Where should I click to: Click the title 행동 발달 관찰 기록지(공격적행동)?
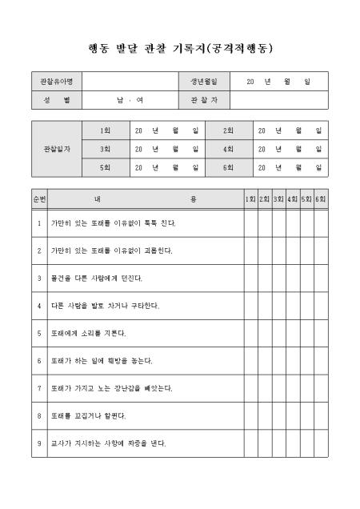(x=179, y=47)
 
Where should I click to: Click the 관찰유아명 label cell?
(x=56, y=82)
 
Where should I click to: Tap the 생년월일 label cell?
(x=204, y=82)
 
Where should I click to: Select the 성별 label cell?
(x=56, y=100)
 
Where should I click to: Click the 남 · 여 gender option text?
(x=129, y=100)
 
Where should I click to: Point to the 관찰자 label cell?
(x=204, y=100)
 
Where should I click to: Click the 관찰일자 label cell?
(x=56, y=149)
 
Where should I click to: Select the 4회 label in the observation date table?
(x=228, y=149)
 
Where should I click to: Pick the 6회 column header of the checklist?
(x=321, y=198)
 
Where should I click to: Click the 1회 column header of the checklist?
(x=251, y=198)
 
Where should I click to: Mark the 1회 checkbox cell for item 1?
(x=251, y=223)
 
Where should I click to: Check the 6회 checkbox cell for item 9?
(x=321, y=443)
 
